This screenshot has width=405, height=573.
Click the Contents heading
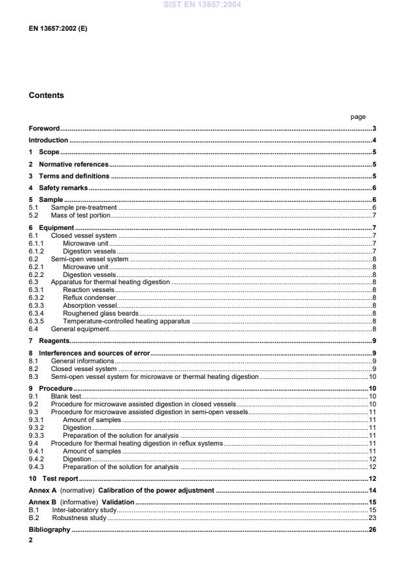click(46, 95)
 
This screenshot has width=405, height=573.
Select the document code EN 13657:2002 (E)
click(58, 29)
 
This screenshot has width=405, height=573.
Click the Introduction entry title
click(48, 140)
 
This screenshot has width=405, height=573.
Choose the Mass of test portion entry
click(81, 215)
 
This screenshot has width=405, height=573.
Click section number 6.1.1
click(37, 243)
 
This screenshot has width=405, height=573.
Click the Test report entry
click(60, 479)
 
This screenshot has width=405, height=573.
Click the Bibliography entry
click(49, 530)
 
